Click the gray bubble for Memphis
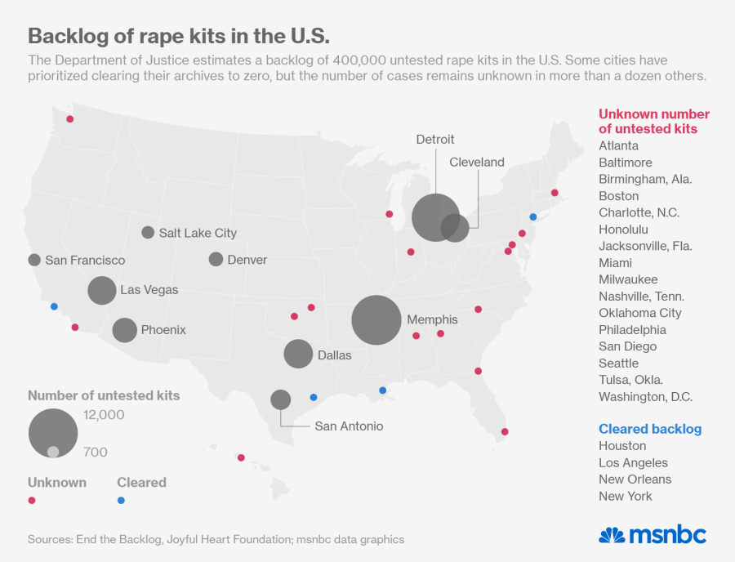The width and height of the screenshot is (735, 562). tap(376, 319)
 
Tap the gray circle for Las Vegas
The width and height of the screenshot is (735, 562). tap(102, 290)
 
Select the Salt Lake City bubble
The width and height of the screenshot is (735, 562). tap(148, 232)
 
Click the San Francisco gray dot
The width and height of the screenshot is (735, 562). tap(34, 260)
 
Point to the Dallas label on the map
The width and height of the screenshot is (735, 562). tap(334, 355)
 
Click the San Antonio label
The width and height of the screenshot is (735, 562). tap(349, 426)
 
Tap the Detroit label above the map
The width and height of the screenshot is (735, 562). tap(435, 140)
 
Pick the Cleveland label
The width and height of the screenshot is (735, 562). tap(477, 163)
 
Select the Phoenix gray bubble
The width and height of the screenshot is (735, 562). tap(124, 330)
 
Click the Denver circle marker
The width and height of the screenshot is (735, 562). tap(216, 259)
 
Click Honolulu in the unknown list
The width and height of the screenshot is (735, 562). tap(623, 230)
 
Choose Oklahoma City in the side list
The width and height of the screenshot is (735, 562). tap(639, 313)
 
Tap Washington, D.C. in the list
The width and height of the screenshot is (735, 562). tap(645, 396)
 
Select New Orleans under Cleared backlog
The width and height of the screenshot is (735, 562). tap(635, 479)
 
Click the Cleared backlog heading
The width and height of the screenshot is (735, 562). tap(650, 429)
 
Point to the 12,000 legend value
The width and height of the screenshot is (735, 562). tap(104, 415)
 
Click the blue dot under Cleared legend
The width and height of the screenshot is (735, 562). tap(121, 500)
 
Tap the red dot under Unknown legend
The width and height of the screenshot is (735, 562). tap(32, 500)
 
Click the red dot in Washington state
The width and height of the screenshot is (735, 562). tap(70, 119)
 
